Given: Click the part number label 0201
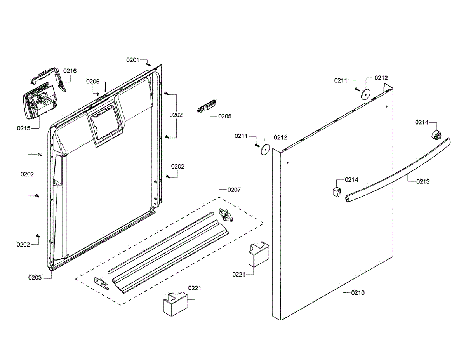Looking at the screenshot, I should pos(132,60).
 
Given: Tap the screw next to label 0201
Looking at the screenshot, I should pos(147,64).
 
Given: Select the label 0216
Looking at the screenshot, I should pos(70,71).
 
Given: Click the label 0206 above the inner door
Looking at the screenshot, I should pos(93,82).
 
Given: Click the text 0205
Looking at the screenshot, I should pos(224,116).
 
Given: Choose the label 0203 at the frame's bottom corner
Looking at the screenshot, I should pos(35,277).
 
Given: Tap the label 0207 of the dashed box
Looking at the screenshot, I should pos(234,190).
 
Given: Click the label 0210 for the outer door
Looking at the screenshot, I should pos(358,293).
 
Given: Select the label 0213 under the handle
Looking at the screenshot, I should pos(423,181).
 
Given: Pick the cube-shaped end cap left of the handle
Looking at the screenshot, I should pos(336,191).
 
